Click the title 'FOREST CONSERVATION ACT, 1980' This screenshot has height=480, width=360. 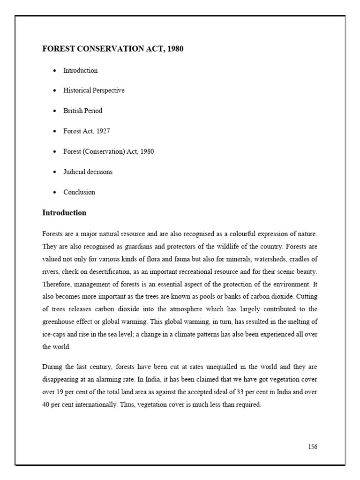coord(113,49)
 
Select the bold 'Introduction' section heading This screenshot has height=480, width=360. coord(64,213)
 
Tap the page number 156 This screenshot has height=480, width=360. coord(312,446)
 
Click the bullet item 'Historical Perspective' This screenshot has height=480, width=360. coord(94,90)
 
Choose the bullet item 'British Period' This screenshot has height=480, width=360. coord(82,111)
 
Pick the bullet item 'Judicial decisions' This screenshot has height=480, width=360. coord(88,172)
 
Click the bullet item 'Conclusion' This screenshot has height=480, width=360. coord(79,192)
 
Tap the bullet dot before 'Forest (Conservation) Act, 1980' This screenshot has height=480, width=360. coord(54,152)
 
